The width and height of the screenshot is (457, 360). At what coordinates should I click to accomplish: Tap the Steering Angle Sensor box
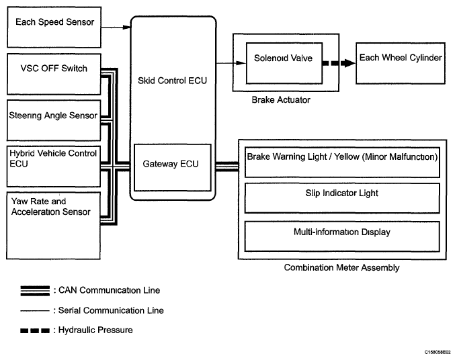coord(52,116)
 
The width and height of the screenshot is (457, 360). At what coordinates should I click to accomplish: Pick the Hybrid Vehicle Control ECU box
coord(52,160)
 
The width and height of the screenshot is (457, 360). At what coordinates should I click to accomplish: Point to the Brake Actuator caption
coord(281,100)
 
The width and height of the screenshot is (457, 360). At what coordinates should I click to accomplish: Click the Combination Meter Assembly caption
coord(341,267)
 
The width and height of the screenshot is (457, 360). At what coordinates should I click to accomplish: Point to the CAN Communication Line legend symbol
coord(35,290)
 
